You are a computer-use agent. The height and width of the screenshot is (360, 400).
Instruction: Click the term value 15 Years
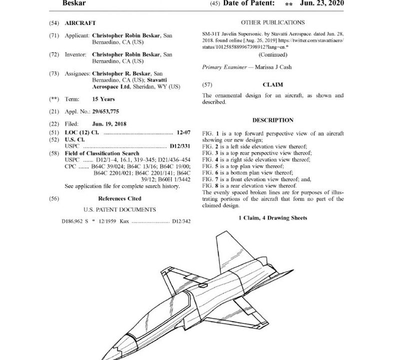(103, 99)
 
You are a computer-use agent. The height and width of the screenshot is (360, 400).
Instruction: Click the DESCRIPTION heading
(272, 120)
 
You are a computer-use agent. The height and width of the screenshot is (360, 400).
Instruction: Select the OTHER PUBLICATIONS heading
(272, 22)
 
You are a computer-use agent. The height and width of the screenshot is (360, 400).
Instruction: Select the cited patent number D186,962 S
(76, 220)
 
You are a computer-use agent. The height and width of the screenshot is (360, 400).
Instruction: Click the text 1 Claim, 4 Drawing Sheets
(272, 218)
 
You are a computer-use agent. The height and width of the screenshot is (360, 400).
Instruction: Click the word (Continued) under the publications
(272, 55)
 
